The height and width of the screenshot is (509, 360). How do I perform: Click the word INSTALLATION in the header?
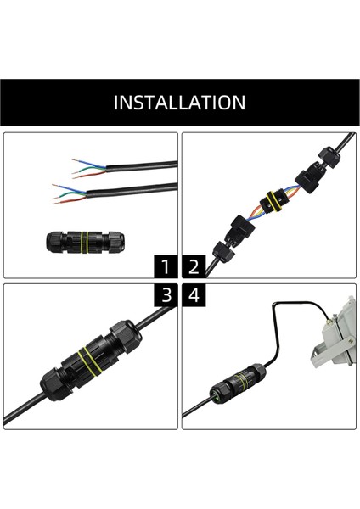point(180,103)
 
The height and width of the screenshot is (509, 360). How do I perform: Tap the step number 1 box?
point(167,268)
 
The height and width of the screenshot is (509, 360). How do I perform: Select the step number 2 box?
point(194,268)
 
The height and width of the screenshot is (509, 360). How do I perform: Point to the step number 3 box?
point(167,295)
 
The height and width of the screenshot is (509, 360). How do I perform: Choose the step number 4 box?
point(194,295)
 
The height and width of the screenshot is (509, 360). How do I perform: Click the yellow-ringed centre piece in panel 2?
point(272,200)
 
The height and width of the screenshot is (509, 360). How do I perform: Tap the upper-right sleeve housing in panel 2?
point(309,177)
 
